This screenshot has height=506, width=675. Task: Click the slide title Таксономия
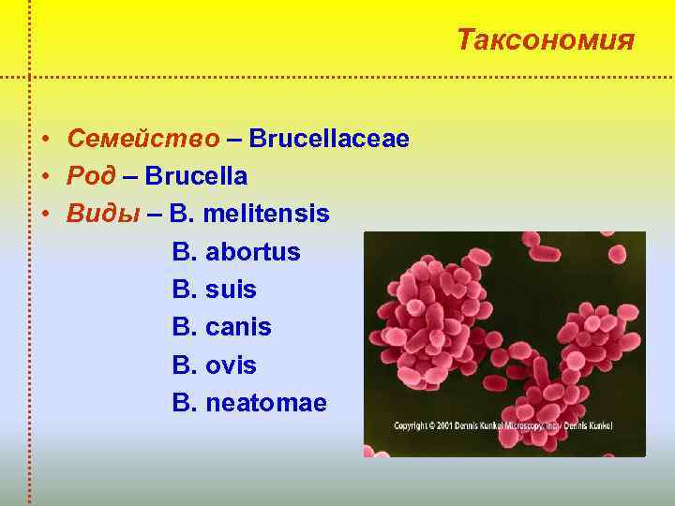(546, 40)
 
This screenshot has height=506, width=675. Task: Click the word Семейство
(143, 139)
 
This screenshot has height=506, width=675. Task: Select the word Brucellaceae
(329, 139)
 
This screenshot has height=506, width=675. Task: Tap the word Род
(92, 176)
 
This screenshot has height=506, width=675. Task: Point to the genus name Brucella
(197, 176)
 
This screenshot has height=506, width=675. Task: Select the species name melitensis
(265, 214)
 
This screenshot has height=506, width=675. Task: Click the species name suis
(231, 290)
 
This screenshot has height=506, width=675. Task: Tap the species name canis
(238, 327)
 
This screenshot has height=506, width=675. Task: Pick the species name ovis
(231, 365)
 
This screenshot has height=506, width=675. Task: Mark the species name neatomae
(266, 403)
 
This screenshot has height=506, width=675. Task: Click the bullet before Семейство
(46, 140)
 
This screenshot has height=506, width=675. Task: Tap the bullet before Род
(46, 177)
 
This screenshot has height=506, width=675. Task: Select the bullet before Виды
(46, 215)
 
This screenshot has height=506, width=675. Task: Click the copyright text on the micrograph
(502, 425)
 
